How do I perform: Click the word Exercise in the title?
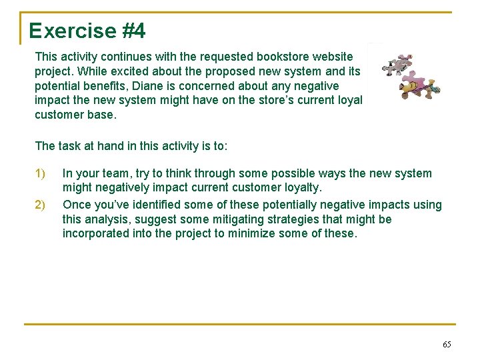63,31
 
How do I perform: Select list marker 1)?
40,174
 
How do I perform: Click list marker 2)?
40,205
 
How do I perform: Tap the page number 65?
447,344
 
